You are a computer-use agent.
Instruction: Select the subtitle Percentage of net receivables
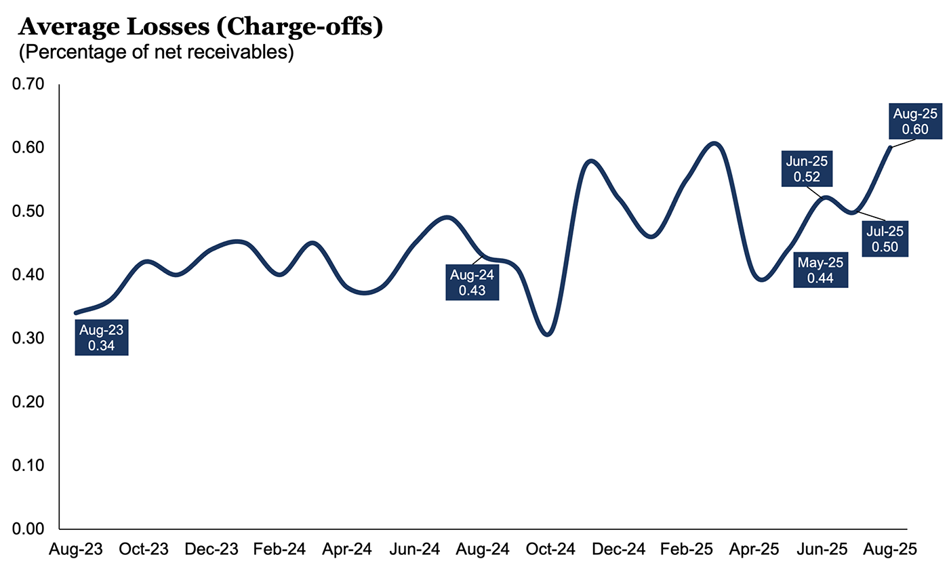tap(157, 52)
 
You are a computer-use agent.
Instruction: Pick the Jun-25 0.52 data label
tap(807, 169)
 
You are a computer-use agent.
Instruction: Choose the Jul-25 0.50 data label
tap(885, 239)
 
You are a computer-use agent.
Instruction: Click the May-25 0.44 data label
tap(820, 270)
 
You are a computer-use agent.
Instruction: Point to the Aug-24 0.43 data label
tap(472, 283)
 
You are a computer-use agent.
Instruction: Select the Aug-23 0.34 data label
tap(102, 338)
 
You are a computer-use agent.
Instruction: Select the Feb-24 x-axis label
tap(279, 550)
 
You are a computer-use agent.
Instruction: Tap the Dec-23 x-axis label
tap(212, 550)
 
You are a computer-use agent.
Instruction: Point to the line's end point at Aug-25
tap(889, 147)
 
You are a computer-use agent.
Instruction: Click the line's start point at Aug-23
tap(76, 313)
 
